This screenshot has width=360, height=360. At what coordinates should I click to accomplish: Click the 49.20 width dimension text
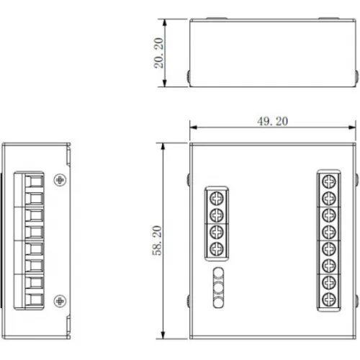click(x=271, y=121)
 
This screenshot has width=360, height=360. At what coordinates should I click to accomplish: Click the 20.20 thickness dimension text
click(x=158, y=53)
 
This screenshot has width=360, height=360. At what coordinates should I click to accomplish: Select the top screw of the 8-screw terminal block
click(x=328, y=180)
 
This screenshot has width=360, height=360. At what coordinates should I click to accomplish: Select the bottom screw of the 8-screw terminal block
click(x=328, y=299)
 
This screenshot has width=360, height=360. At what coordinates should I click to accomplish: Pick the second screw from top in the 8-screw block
click(x=328, y=197)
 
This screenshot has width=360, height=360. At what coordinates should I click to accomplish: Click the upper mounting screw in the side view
click(x=60, y=179)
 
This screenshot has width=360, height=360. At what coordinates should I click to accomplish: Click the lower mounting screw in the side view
click(x=60, y=300)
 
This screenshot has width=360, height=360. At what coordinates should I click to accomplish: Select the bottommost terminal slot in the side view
click(x=33, y=297)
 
